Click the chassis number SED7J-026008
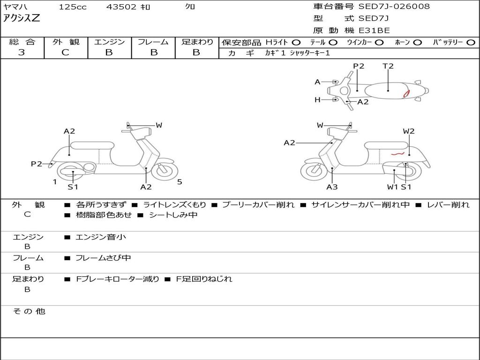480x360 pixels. (x=394, y=7)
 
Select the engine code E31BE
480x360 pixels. (x=374, y=30)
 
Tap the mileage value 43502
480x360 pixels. (x=121, y=7)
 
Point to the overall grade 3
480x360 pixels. (x=22, y=52)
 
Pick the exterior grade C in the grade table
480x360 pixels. (x=65, y=52)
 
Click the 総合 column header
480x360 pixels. (x=22, y=42)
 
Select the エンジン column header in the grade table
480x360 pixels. (x=109, y=42)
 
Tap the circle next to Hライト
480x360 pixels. (x=296, y=43)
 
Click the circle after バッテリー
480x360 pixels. (x=471, y=43)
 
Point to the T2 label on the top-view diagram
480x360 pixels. (x=388, y=66)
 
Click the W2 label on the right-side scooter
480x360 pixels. (x=409, y=131)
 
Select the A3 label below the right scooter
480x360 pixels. (x=332, y=187)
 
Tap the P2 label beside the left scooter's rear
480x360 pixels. (x=37, y=164)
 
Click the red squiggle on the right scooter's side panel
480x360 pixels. (x=397, y=153)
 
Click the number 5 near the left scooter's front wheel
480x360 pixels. (x=180, y=182)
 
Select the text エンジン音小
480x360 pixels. (x=101, y=237)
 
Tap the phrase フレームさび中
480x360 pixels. (x=103, y=258)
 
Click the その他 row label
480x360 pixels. (x=29, y=311)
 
